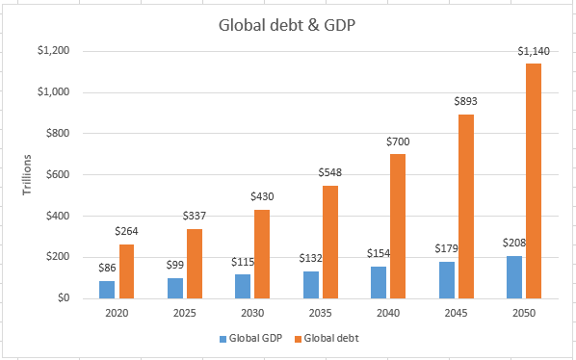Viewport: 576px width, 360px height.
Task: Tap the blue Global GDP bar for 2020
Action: click(107, 289)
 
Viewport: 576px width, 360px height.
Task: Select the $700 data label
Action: click(398, 141)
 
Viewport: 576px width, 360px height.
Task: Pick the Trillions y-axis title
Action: click(29, 174)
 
